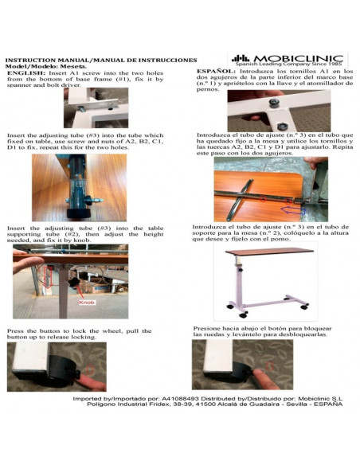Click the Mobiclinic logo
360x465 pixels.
tap(287, 61)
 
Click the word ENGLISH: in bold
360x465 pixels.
tap(26, 73)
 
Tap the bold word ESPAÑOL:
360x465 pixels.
tap(217, 71)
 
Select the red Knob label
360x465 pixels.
tap(87, 303)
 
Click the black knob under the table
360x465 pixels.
tap(73, 283)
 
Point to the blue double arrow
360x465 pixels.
tap(293, 210)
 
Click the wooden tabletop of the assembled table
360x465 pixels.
tap(269, 251)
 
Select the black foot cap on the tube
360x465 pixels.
tap(78, 213)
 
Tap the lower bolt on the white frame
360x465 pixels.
tap(283, 127)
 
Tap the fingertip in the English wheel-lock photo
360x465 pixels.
tap(87, 380)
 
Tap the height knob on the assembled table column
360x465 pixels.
tap(241, 271)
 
